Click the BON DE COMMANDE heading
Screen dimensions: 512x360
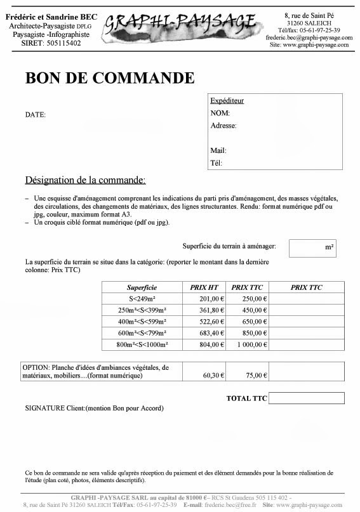click(x=109, y=78)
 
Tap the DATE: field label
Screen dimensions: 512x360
click(x=35, y=115)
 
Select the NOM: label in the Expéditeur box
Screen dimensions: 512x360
click(x=220, y=113)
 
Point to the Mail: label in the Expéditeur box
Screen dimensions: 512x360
click(x=218, y=151)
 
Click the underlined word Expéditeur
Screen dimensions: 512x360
click(x=227, y=100)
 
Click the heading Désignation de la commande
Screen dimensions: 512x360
click(x=85, y=180)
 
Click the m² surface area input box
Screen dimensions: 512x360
click(x=312, y=247)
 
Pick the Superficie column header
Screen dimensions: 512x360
click(x=142, y=287)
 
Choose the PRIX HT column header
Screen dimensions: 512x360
click(x=204, y=287)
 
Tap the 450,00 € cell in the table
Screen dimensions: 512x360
click(x=253, y=310)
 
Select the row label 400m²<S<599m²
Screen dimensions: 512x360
click(x=142, y=322)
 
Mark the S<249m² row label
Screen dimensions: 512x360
click(x=142, y=299)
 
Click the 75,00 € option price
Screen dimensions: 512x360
click(x=256, y=376)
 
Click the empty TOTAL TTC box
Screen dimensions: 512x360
click(x=306, y=398)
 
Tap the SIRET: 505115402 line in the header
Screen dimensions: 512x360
click(x=47, y=43)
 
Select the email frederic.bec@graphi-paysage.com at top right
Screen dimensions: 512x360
click(x=309, y=37)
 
